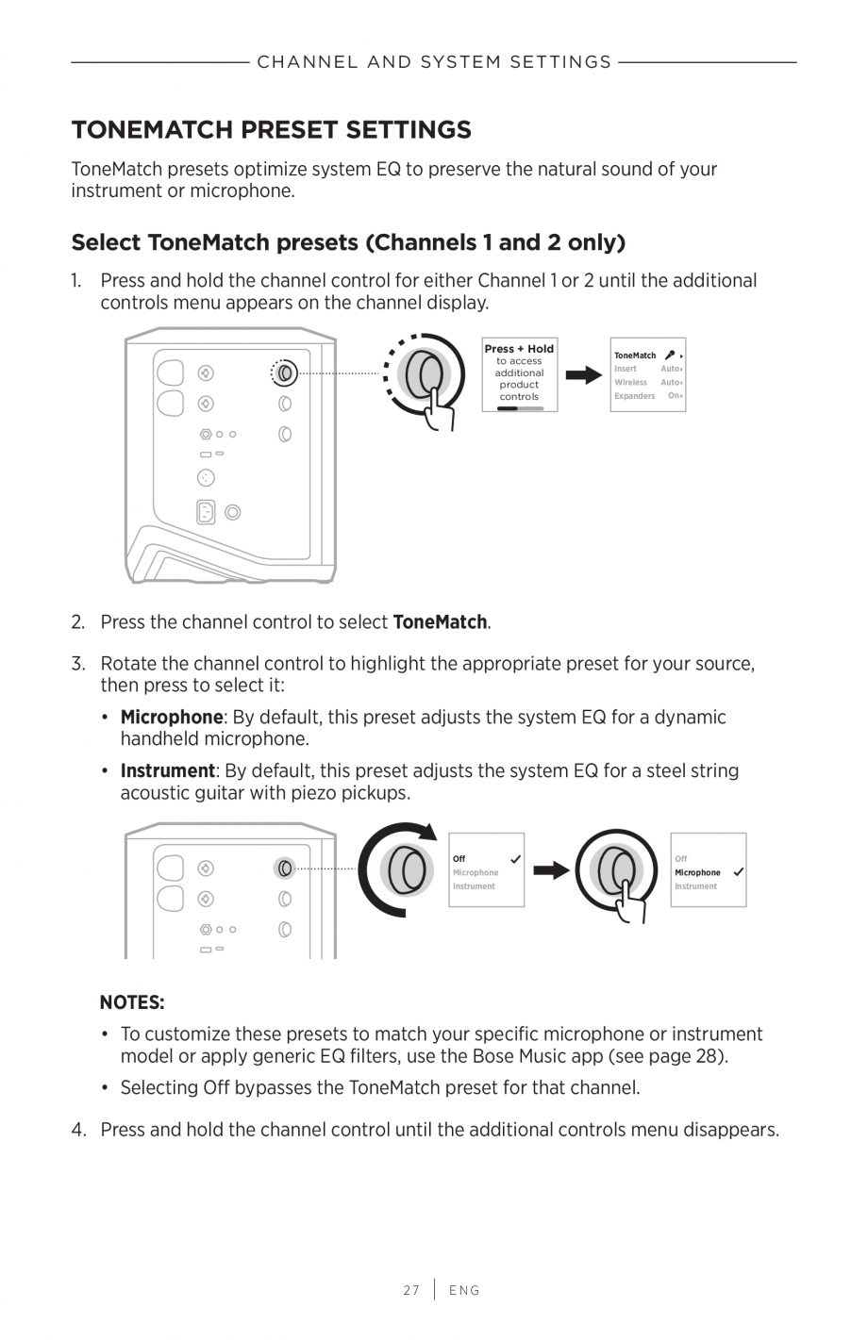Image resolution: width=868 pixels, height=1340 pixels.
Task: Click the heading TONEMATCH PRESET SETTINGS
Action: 271,129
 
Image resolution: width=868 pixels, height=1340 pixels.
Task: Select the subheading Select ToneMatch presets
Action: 348,242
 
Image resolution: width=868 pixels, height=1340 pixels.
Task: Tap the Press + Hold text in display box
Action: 519,349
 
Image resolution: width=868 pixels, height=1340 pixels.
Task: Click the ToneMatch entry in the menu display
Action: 635,356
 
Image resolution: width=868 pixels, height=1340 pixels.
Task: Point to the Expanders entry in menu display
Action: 634,396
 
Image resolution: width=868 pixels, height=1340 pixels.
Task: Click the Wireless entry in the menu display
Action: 630,383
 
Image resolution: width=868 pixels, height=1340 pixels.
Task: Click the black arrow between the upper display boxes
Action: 583,375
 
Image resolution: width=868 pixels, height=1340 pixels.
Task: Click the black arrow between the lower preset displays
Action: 550,869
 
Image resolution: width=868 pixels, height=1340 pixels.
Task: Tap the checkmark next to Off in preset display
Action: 515,859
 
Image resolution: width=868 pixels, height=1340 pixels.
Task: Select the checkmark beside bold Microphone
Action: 738,872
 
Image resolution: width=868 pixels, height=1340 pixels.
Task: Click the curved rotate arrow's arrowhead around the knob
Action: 428,831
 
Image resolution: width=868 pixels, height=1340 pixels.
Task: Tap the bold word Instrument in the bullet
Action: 167,770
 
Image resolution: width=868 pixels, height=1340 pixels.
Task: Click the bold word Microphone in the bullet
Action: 171,717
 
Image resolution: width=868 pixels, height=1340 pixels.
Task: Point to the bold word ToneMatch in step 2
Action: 440,622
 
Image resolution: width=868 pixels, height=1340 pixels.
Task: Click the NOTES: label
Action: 132,1001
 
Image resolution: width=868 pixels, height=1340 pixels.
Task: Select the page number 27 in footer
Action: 411,1290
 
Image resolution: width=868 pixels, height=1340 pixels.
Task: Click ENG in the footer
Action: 464,1290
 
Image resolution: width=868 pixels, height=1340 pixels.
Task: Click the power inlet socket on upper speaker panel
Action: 206,512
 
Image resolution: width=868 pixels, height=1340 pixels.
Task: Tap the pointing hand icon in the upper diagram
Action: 439,408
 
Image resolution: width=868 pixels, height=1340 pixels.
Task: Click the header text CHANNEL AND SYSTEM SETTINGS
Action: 434,62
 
